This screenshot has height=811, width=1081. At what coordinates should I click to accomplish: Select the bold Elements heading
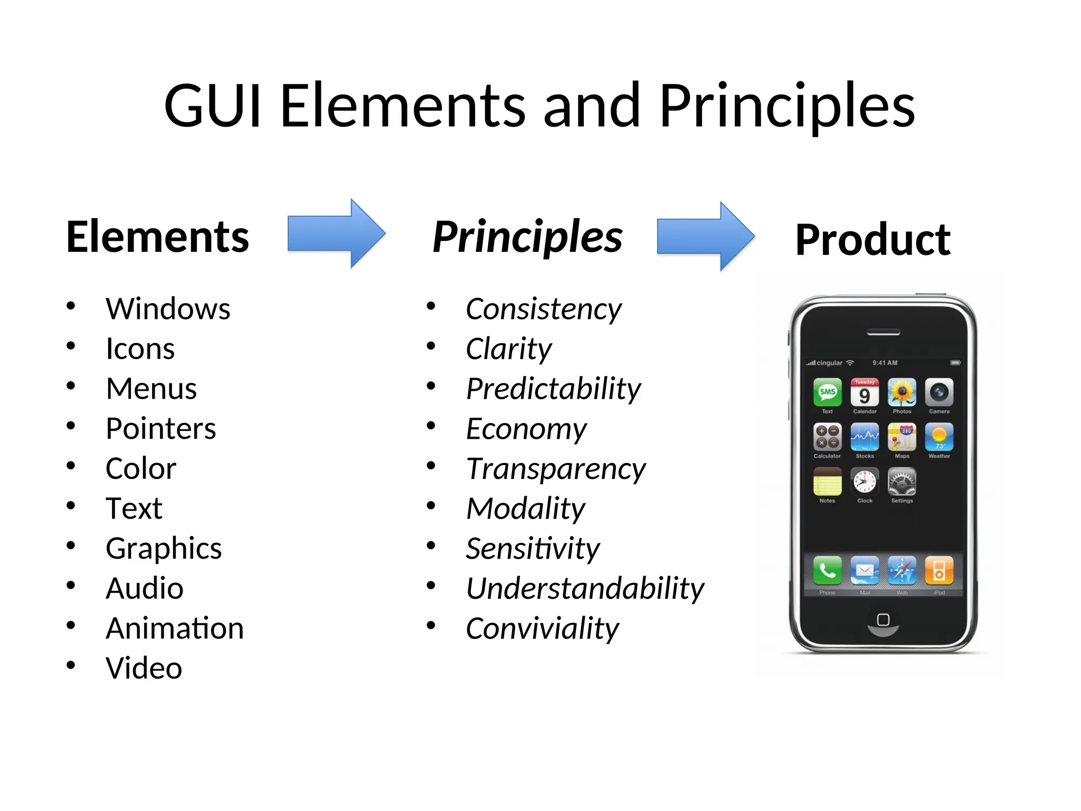(x=157, y=237)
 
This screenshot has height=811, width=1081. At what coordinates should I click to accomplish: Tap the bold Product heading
(x=873, y=240)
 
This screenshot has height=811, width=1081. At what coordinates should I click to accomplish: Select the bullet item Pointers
(x=160, y=428)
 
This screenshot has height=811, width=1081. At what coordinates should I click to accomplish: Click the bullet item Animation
(x=175, y=628)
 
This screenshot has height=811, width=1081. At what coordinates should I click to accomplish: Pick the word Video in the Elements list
(x=144, y=668)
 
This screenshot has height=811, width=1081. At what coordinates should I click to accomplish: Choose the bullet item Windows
(x=168, y=308)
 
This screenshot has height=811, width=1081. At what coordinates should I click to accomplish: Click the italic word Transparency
(x=556, y=469)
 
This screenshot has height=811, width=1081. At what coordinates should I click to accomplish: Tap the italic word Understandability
(x=585, y=588)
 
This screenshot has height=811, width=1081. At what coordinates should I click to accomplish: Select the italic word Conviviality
(x=542, y=628)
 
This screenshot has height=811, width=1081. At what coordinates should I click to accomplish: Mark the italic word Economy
(x=526, y=429)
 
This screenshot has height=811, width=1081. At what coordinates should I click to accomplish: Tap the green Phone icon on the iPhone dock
(x=827, y=570)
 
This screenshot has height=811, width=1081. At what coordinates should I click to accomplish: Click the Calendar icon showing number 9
(x=865, y=393)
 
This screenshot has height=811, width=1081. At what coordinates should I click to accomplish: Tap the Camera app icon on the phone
(x=939, y=393)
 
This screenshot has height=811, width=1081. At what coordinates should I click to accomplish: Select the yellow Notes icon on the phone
(x=827, y=482)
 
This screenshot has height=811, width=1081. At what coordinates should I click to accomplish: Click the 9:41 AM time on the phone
(x=885, y=363)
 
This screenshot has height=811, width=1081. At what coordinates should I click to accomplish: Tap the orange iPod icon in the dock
(x=939, y=570)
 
